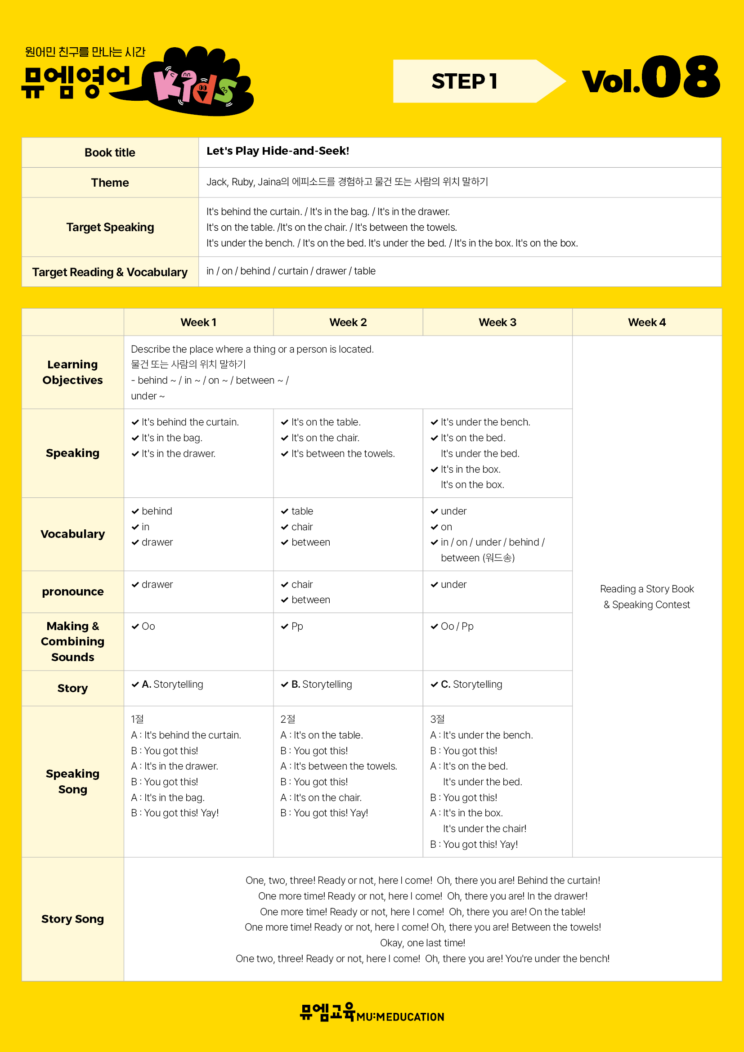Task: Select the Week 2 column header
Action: pyautogui.click(x=348, y=322)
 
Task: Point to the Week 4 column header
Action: pyautogui.click(x=646, y=322)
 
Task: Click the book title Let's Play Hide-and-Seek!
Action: pyautogui.click(x=278, y=151)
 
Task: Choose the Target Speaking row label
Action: pyautogui.click(x=110, y=227)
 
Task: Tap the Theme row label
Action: pyautogui.click(x=110, y=182)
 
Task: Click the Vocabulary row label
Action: pyautogui.click(x=72, y=534)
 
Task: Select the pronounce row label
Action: pyautogui.click(x=72, y=591)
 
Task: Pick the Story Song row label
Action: pyautogui.click(x=72, y=919)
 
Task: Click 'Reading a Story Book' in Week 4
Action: pyautogui.click(x=646, y=589)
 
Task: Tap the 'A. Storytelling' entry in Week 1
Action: pyautogui.click(x=172, y=684)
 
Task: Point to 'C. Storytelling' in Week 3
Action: pyautogui.click(x=471, y=684)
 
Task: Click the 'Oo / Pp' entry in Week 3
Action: pyautogui.click(x=457, y=627)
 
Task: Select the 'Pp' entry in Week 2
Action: pyautogui.click(x=297, y=627)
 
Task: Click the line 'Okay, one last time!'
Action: pyautogui.click(x=422, y=943)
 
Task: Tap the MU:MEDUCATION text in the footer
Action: pyautogui.click(x=400, y=1017)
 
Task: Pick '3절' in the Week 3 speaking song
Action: pyautogui.click(x=437, y=719)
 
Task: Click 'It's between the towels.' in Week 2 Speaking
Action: pyautogui.click(x=343, y=454)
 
